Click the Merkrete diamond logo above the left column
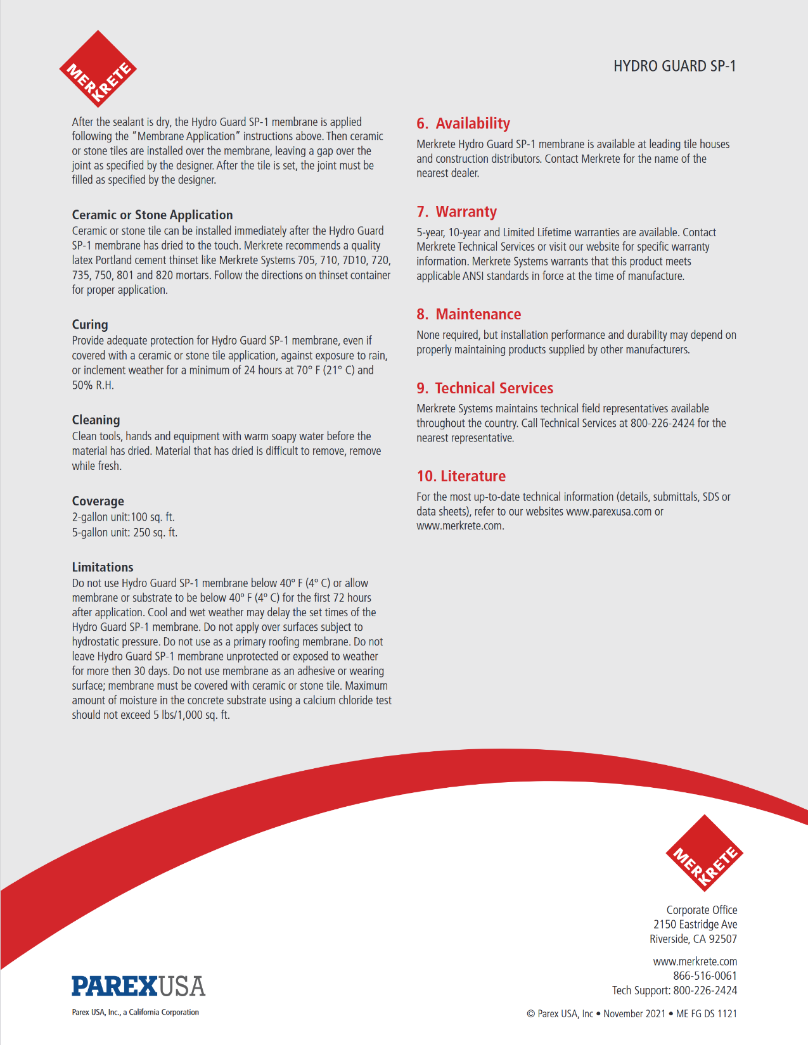[98, 69]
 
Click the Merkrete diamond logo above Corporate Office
[704, 852]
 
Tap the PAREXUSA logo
[138, 986]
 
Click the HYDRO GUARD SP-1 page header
[674, 66]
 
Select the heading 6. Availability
[463, 123]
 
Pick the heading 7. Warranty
[456, 212]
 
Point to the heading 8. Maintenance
[468, 314]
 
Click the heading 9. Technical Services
[485, 388]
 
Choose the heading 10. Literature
[461, 476]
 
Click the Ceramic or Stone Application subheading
[152, 215]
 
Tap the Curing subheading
[90, 324]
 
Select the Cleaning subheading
[96, 420]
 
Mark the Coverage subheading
[98, 501]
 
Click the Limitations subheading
[103, 567]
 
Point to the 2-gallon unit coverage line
[123, 517]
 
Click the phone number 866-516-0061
[705, 976]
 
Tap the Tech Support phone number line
[674, 991]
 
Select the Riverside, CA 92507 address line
[693, 939]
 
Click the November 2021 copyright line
[632, 1013]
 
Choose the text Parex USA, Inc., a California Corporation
[135, 1012]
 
